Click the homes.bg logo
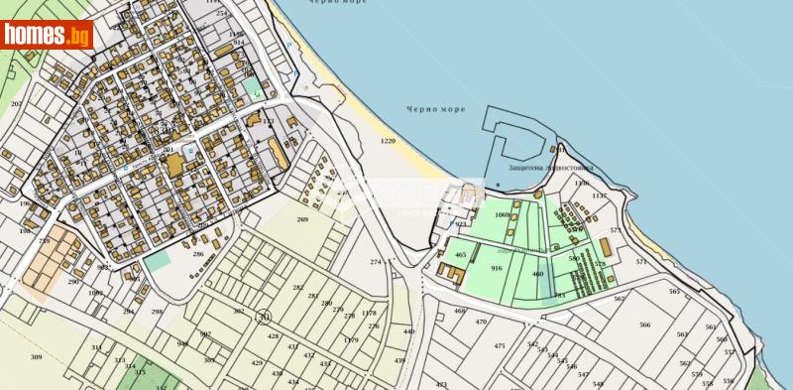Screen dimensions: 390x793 (x=48, y=36)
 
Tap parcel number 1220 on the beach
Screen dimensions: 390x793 (x=388, y=142)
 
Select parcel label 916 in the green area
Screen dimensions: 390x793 (x=497, y=268)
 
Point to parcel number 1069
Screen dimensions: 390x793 (x=502, y=214)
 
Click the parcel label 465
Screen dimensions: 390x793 (x=460, y=255)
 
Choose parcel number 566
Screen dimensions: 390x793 (x=645, y=325)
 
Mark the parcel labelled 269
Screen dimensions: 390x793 (x=302, y=219)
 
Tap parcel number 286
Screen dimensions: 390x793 (x=198, y=254)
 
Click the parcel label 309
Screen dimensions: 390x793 (x=36, y=356)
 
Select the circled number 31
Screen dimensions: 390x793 (x=264, y=317)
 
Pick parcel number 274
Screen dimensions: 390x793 (x=376, y=261)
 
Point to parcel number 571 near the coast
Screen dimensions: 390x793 (x=641, y=261)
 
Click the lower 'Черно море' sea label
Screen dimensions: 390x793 (x=432, y=109)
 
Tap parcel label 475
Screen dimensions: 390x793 (x=500, y=345)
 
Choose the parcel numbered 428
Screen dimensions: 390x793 (x=273, y=336)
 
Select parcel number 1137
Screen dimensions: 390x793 (x=599, y=195)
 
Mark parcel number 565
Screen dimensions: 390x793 (x=675, y=291)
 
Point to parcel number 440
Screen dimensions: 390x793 (x=408, y=331)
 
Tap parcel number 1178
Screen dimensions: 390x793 (x=369, y=313)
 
